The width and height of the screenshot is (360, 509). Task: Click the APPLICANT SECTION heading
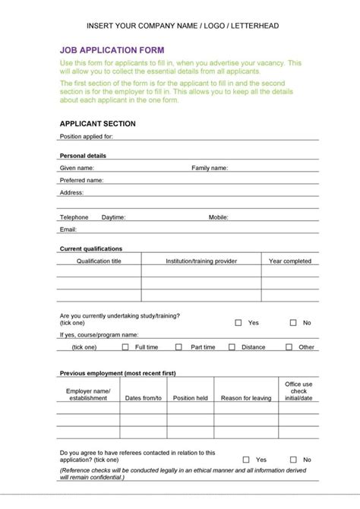click(97, 123)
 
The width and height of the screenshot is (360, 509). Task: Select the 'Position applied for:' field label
click(86, 137)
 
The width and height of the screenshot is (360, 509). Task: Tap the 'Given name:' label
click(77, 168)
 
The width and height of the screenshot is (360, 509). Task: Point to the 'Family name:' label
click(209, 168)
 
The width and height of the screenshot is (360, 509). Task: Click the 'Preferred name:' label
click(81, 181)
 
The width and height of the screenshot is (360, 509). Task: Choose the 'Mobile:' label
click(219, 217)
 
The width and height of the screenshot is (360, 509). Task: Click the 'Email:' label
click(68, 229)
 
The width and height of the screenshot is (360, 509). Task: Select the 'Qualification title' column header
click(99, 261)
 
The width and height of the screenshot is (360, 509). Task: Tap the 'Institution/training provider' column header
click(201, 261)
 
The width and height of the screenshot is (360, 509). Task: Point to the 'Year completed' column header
click(290, 261)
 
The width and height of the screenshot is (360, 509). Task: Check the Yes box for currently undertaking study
click(238, 323)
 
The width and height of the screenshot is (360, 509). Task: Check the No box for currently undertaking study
click(292, 323)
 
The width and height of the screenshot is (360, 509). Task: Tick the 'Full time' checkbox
click(125, 347)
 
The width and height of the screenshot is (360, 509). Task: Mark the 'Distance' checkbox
click(232, 347)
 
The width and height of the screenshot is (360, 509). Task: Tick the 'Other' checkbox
click(289, 347)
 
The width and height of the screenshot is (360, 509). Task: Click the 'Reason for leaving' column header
click(246, 398)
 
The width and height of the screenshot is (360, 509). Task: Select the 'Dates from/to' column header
click(144, 398)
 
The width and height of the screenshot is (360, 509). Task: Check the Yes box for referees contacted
click(246, 460)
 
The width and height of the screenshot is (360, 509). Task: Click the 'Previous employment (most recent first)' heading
click(118, 374)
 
